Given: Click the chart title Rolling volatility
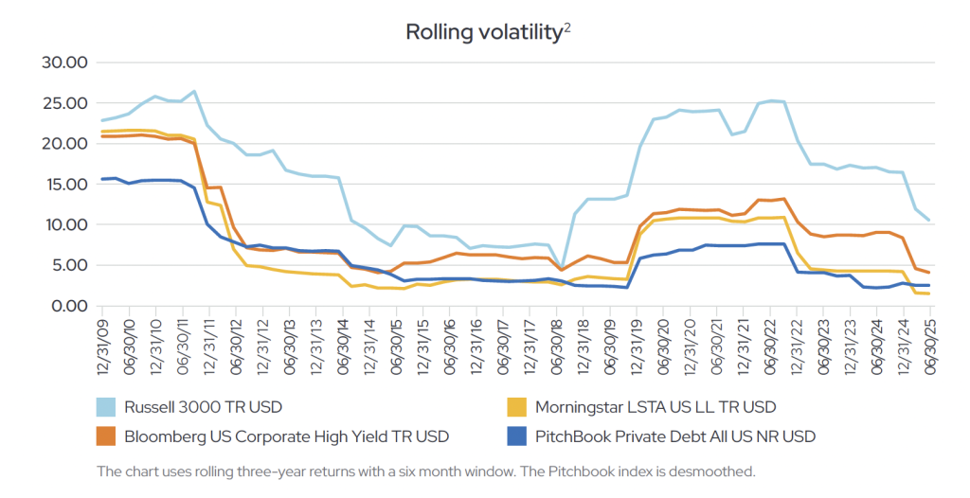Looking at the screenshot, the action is pyautogui.click(x=483, y=32).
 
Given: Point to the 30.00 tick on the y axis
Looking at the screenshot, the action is pyautogui.click(x=65, y=62).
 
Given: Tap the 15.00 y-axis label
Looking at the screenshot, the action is pyautogui.click(x=65, y=185).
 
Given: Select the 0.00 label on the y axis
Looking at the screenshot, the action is pyautogui.click(x=68, y=306).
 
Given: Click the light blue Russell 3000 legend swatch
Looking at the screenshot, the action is pyautogui.click(x=106, y=407).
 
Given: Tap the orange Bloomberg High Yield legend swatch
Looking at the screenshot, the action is pyautogui.click(x=106, y=436).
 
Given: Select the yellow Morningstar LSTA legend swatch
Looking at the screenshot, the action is pyautogui.click(x=516, y=407).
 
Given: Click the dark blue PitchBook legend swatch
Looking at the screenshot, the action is pyautogui.click(x=516, y=436).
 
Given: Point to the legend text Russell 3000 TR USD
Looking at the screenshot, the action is pyautogui.click(x=203, y=407).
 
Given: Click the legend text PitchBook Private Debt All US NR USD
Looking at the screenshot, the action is pyautogui.click(x=675, y=436).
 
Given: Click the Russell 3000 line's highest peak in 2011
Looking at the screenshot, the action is pyautogui.click(x=194, y=92).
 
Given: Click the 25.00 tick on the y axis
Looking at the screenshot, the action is pyautogui.click(x=65, y=103).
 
